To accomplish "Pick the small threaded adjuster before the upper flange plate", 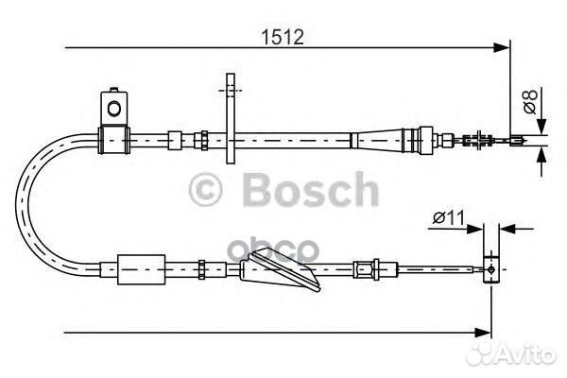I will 202,140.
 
